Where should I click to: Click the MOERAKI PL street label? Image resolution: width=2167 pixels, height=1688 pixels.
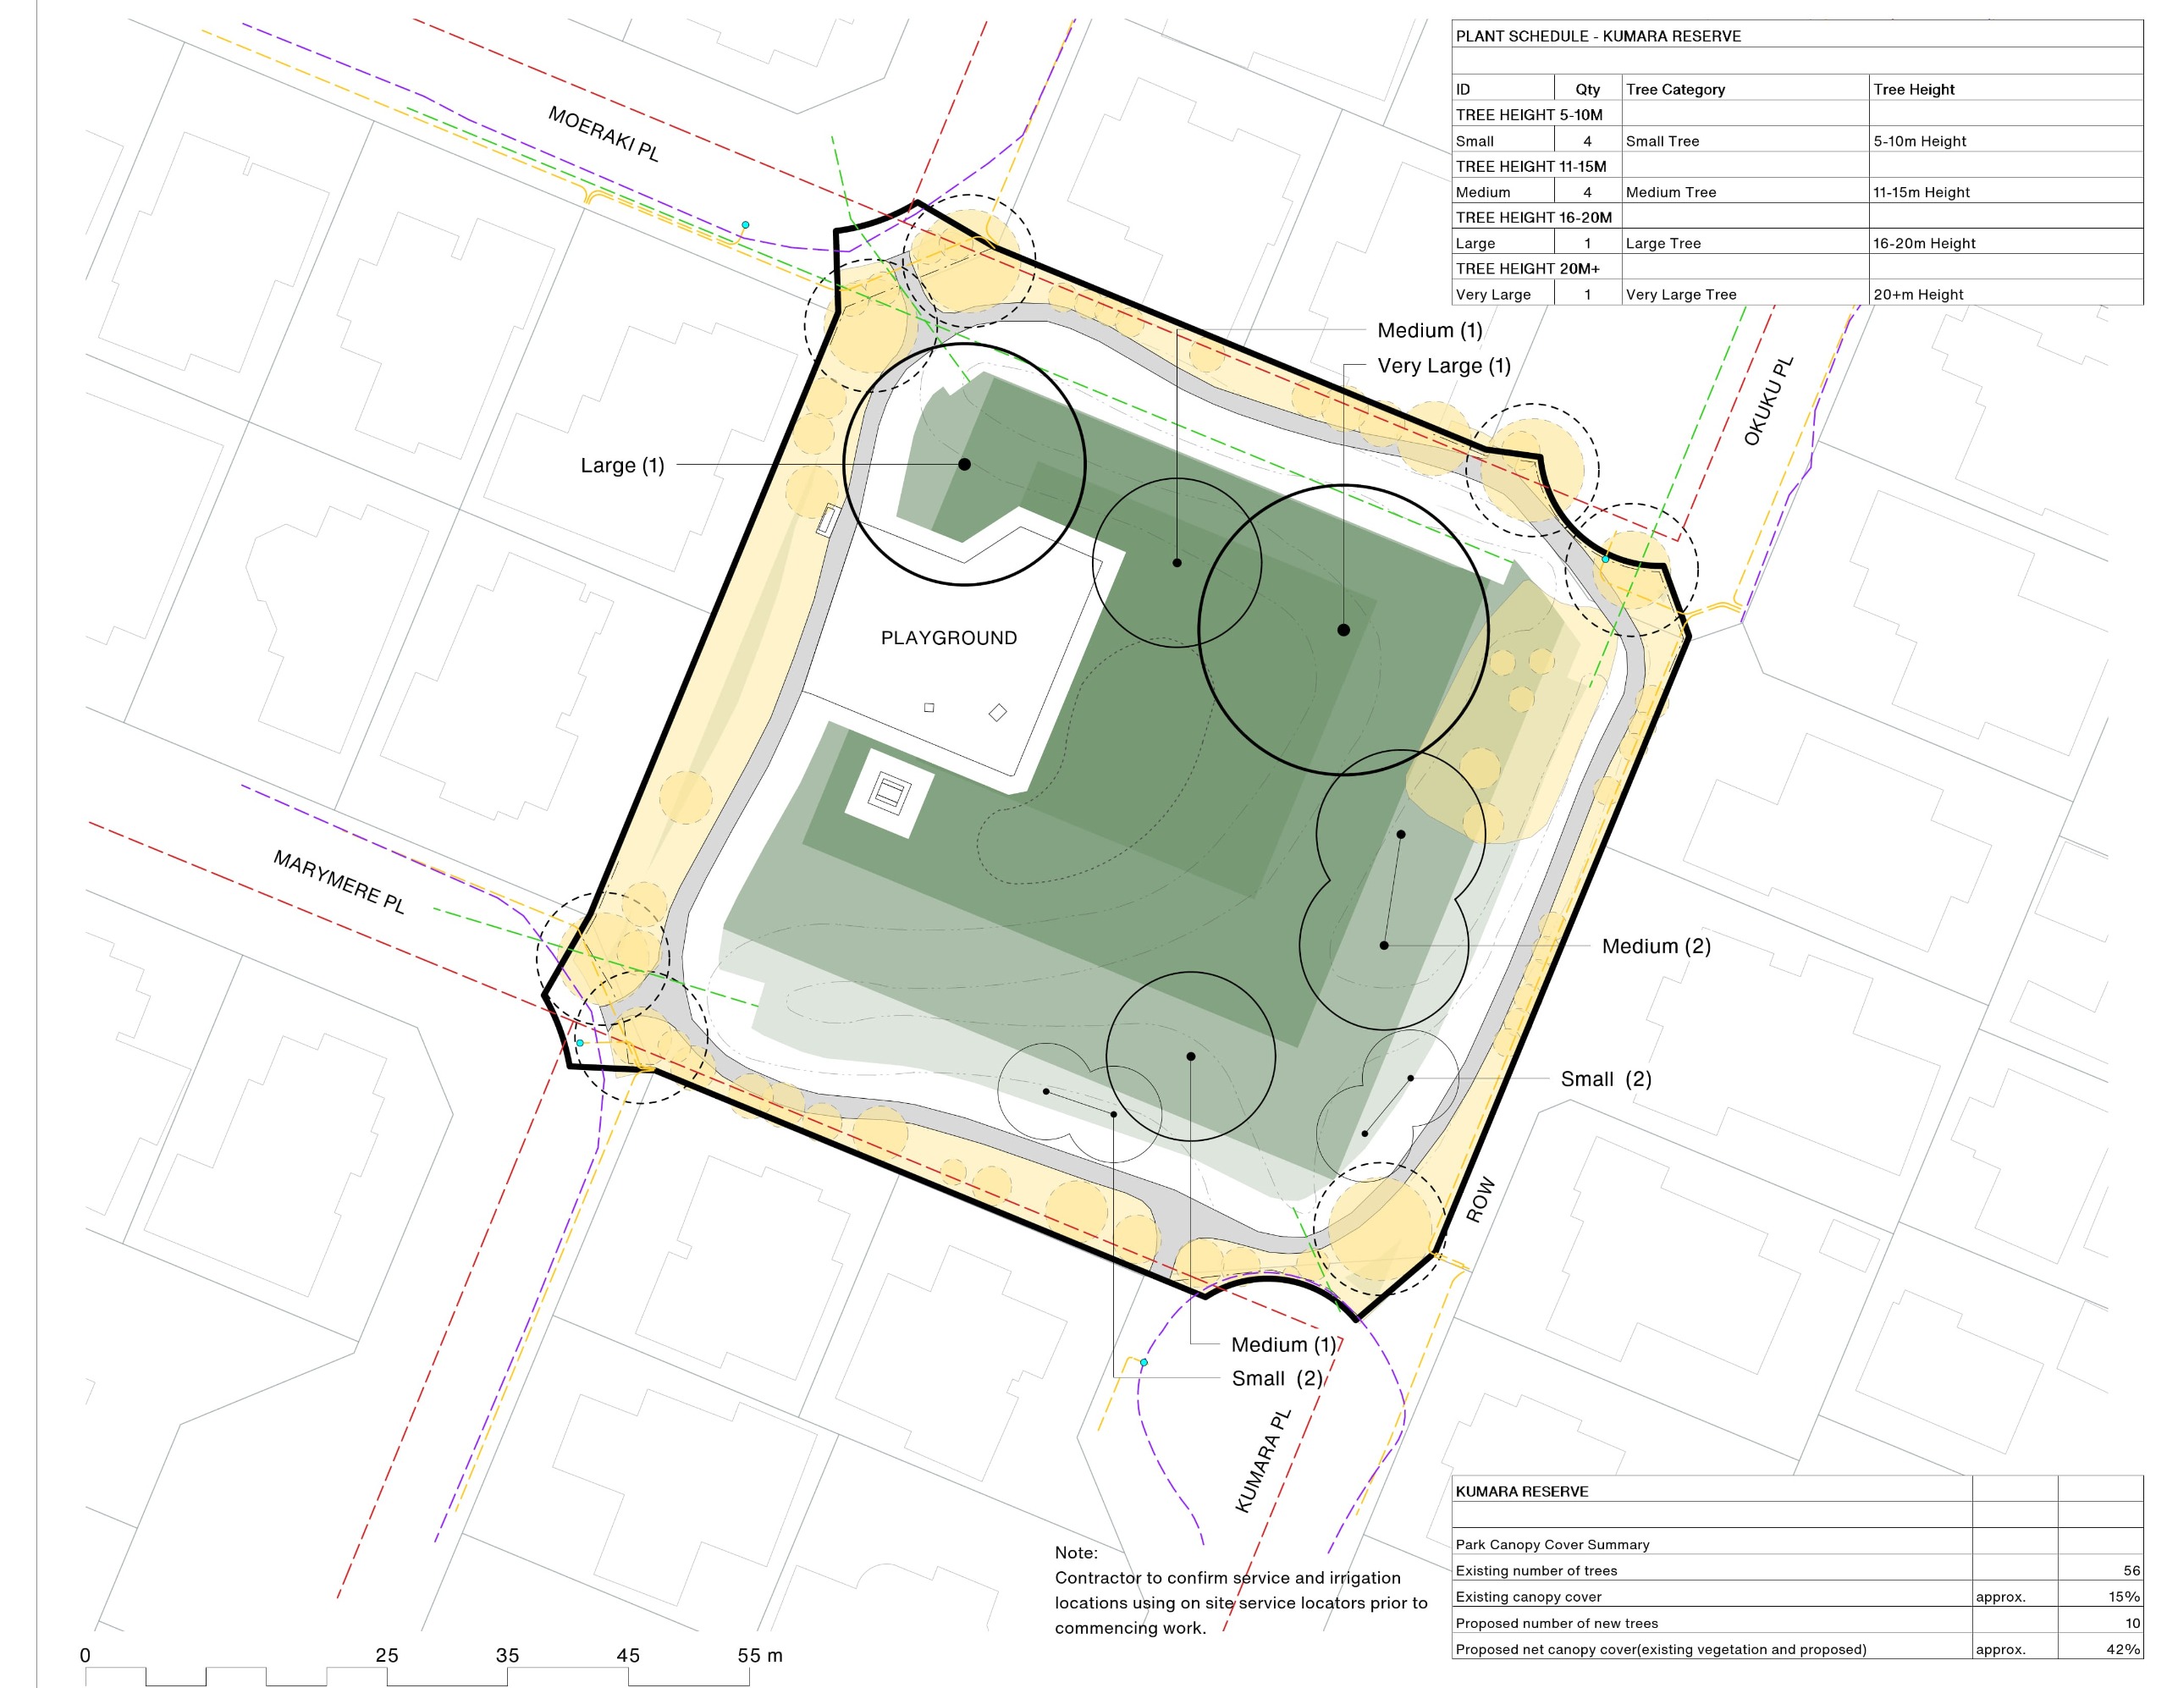604,134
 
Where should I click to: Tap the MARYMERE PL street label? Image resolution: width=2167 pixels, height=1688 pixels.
339,881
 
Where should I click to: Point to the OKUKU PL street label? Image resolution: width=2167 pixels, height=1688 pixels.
1769,401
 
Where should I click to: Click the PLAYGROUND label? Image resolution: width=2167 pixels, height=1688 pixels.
949,638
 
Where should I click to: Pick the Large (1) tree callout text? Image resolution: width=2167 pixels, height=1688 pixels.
622,466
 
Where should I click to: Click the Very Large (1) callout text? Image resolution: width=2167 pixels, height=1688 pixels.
1443,367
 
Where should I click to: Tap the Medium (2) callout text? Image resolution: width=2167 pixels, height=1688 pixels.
1656,946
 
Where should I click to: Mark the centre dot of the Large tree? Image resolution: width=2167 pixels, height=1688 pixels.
964,465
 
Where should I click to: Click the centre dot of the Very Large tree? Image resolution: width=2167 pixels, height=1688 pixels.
1343,630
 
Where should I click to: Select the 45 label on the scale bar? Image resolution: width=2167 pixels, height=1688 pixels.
628,1655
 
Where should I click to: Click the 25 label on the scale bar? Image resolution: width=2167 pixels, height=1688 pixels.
387,1655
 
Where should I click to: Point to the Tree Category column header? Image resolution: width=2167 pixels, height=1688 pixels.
1675,90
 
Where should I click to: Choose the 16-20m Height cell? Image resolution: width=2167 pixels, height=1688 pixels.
1924,243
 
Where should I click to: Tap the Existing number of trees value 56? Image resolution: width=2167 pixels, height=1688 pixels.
2131,1571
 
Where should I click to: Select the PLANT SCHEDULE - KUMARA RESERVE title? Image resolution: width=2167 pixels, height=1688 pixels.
1597,36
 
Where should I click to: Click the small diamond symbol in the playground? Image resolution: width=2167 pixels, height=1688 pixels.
997,713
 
